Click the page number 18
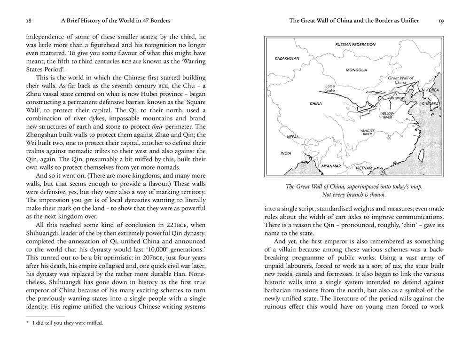click(29, 21)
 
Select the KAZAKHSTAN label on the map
click(287, 58)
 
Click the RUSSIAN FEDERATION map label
click(355, 45)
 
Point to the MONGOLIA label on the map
click(356, 70)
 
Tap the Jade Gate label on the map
click(330, 88)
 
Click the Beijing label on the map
click(396, 98)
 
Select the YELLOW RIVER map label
click(387, 116)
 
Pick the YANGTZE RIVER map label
click(367, 133)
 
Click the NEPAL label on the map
click(292, 137)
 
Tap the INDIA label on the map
click(286, 153)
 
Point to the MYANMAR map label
click(331, 166)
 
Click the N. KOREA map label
click(430, 90)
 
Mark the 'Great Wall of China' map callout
click(400, 80)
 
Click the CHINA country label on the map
click(316, 103)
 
